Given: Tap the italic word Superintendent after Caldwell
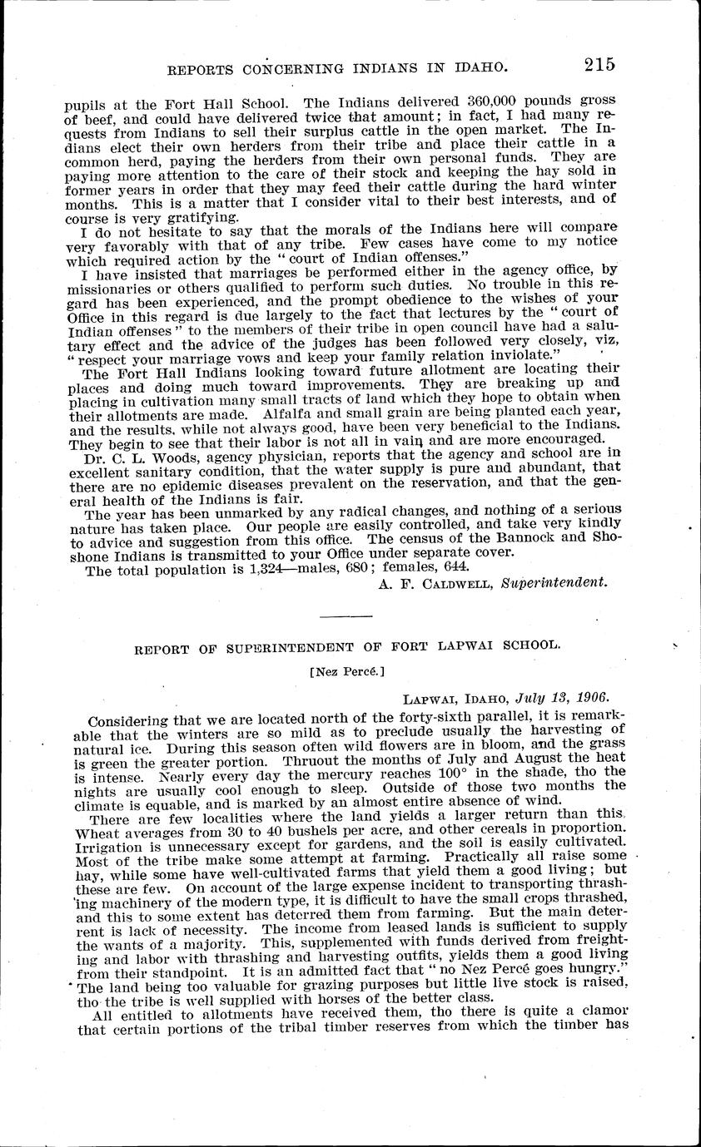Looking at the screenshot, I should (554, 583).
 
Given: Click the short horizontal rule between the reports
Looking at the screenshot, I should (346, 616).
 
